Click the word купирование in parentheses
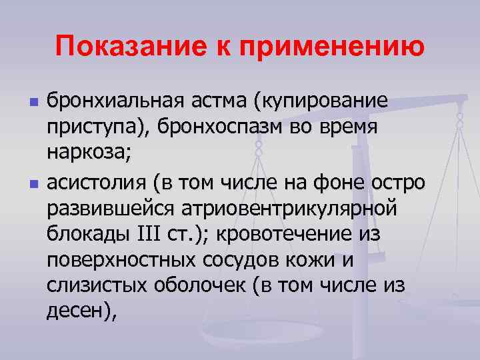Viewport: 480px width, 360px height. (x=320, y=103)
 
